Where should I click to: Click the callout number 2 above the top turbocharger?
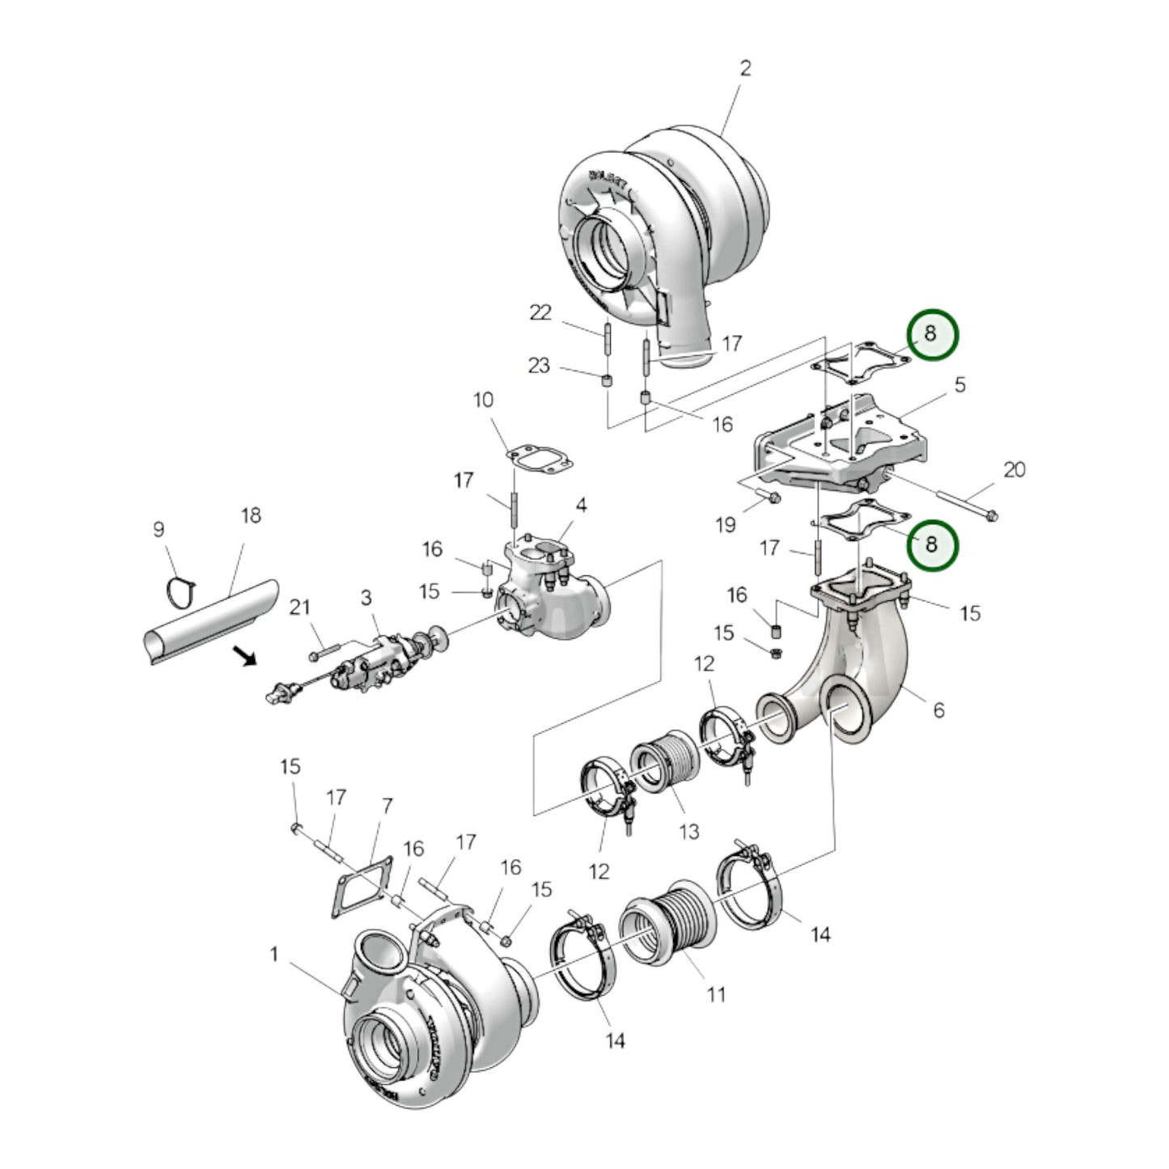(744, 67)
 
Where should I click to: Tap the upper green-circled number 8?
(930, 333)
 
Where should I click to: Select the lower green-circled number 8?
(931, 544)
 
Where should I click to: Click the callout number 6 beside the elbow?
(938, 709)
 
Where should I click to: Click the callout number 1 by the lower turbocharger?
(273, 955)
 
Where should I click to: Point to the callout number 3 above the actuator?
(366, 597)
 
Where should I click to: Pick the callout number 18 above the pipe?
(251, 515)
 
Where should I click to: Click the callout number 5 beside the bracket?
(959, 384)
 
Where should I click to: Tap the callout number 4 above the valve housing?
(581, 506)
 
